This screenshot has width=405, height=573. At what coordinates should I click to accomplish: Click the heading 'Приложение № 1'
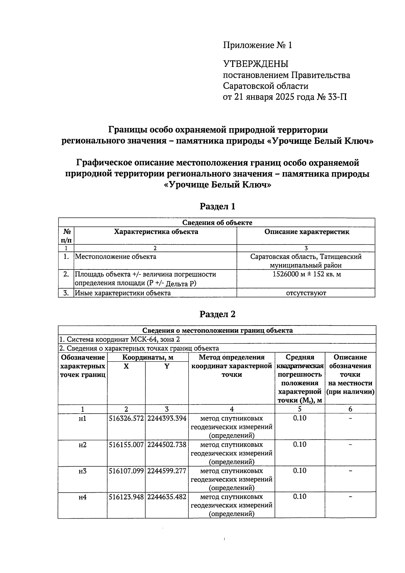click(257, 45)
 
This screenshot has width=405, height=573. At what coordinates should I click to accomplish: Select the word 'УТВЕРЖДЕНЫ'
click(255, 64)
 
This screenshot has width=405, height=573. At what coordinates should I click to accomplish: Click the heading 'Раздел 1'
click(217, 206)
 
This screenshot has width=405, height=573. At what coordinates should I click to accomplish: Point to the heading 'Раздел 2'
click(217, 314)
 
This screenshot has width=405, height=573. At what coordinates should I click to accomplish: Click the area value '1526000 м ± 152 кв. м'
click(306, 274)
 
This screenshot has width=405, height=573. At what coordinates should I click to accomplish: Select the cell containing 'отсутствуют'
click(306, 293)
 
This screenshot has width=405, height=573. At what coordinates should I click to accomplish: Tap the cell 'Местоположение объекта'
click(115, 257)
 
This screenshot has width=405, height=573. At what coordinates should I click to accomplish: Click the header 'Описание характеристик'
click(306, 232)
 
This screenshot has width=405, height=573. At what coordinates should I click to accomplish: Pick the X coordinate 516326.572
click(126, 418)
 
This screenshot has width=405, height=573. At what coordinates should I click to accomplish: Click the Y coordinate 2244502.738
click(167, 445)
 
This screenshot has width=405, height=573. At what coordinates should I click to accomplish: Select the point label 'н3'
click(82, 471)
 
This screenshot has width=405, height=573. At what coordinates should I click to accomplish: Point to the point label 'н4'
click(82, 497)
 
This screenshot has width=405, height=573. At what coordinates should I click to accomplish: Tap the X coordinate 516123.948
click(126, 497)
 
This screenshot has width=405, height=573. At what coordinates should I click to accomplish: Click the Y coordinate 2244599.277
click(167, 471)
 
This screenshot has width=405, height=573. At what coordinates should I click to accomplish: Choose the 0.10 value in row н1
click(299, 418)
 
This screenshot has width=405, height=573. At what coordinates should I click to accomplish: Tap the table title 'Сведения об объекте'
click(217, 223)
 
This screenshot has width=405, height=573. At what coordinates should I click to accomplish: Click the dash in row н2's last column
click(350, 445)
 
